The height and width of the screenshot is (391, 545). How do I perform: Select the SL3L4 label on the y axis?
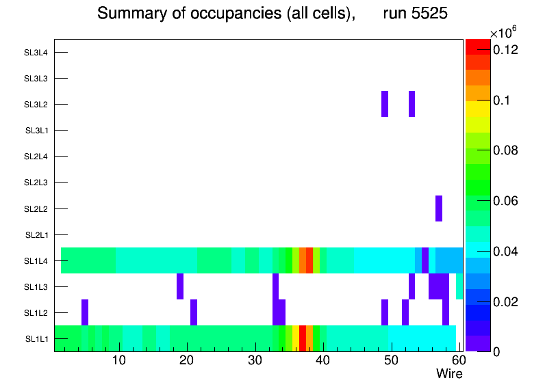click(36, 53)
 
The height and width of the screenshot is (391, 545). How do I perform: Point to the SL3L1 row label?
click(36, 131)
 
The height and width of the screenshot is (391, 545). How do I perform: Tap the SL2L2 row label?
click(36, 208)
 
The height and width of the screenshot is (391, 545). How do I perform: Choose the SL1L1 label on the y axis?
click(36, 339)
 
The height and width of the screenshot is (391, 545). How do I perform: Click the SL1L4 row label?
click(36, 261)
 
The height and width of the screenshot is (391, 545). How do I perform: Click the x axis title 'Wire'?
click(449, 374)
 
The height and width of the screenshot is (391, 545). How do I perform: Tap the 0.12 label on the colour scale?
click(507, 50)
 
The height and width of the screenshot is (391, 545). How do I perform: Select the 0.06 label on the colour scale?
click(507, 201)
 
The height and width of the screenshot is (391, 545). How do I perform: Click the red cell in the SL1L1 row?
click(303, 338)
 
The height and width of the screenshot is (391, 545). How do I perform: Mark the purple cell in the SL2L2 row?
click(438, 208)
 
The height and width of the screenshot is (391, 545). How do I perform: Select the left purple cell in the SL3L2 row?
click(385, 104)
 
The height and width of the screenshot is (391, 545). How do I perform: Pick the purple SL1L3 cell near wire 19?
click(180, 286)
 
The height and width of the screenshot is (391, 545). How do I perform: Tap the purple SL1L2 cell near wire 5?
click(85, 312)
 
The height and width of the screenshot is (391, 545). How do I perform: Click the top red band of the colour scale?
click(478, 47)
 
